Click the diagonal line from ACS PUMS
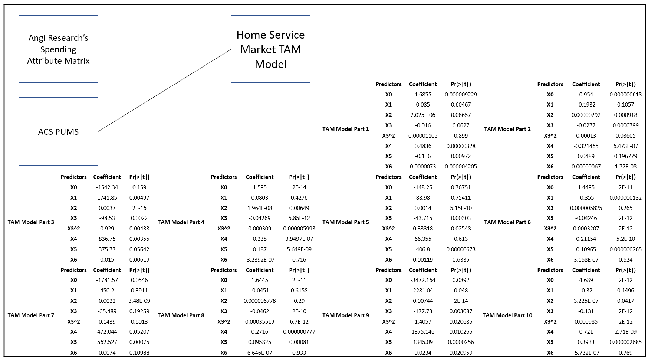click(x=164, y=91)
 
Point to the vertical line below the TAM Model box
click(x=271, y=117)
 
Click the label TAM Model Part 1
click(x=345, y=129)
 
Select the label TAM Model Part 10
click(x=507, y=315)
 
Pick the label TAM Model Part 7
click(x=31, y=315)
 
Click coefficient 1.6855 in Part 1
click(x=423, y=95)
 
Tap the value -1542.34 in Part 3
click(x=107, y=187)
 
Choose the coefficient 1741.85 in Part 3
click(x=107, y=198)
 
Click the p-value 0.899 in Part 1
click(x=461, y=136)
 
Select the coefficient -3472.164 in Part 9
click(x=423, y=280)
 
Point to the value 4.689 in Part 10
click(x=586, y=280)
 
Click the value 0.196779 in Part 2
click(x=625, y=156)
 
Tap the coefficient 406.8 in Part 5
click(x=423, y=249)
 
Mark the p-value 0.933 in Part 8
click(x=299, y=353)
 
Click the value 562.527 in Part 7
click(x=107, y=342)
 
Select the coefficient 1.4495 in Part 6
click(x=586, y=187)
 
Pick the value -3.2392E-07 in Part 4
click(x=260, y=260)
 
